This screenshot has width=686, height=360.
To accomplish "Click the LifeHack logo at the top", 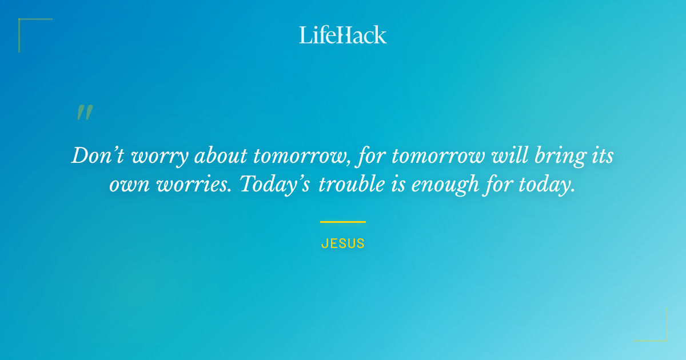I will tap(343, 35).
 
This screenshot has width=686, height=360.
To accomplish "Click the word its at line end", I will tap(600, 155).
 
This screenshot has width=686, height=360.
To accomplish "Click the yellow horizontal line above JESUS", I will tap(343, 222).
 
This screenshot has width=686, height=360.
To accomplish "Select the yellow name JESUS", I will tap(343, 243).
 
